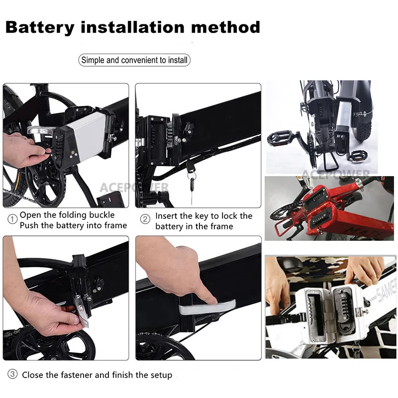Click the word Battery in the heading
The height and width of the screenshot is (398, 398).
click(x=40, y=27)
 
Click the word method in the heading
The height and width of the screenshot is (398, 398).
click(x=226, y=27)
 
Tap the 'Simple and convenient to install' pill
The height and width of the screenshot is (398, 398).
click(x=134, y=60)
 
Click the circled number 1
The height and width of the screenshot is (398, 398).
click(x=12, y=219)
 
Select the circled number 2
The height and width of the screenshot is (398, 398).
click(x=145, y=219)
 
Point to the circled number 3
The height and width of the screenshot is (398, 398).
click(x=12, y=374)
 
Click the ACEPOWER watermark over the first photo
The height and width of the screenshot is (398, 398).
click(x=134, y=188)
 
